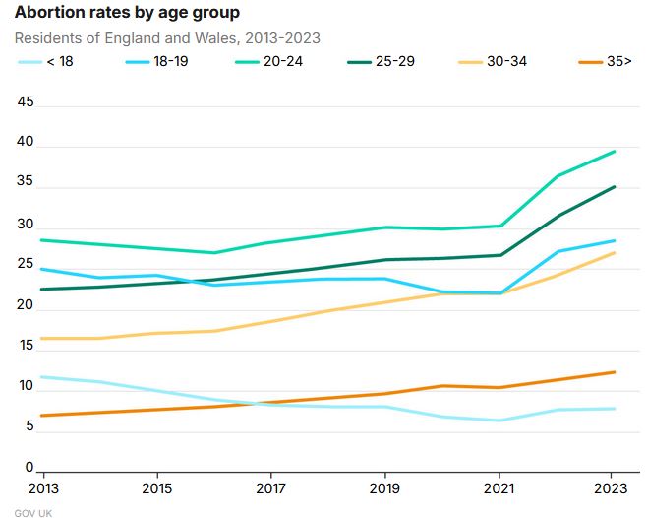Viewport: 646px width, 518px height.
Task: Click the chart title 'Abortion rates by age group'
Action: pyautogui.click(x=126, y=14)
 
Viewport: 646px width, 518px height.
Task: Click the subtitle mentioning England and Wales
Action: pyautogui.click(x=167, y=38)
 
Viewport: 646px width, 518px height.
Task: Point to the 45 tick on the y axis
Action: pyautogui.click(x=26, y=101)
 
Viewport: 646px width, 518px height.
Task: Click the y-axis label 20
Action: pyautogui.click(x=26, y=304)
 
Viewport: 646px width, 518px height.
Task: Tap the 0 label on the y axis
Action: pyautogui.click(x=29, y=468)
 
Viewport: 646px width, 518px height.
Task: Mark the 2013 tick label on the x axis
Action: pyautogui.click(x=43, y=488)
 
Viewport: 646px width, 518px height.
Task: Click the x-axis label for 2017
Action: pyautogui.click(x=270, y=488)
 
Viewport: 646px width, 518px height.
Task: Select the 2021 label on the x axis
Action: pyautogui.click(x=499, y=488)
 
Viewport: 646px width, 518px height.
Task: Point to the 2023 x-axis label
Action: pyautogui.click(x=612, y=488)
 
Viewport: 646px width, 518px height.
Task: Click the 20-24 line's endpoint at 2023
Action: pyautogui.click(x=615, y=152)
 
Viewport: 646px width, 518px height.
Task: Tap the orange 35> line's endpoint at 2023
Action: pyautogui.click(x=615, y=372)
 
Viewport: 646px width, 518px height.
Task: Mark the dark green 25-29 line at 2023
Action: pyautogui.click(x=615, y=187)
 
